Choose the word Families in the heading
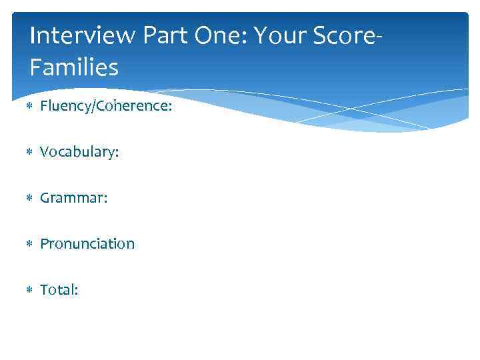click(x=74, y=67)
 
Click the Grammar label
click(x=71, y=198)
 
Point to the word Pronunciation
click(x=87, y=244)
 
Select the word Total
click(x=57, y=290)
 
